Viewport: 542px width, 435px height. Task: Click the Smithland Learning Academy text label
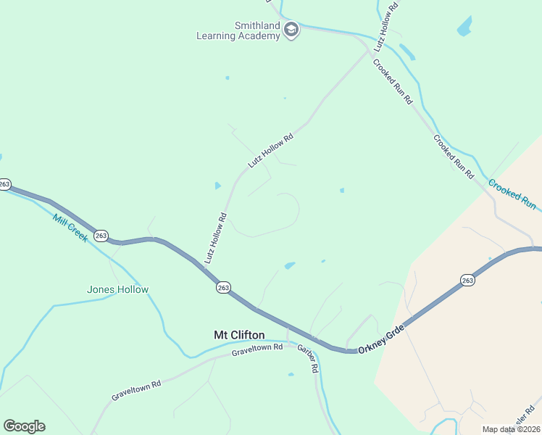(238, 30)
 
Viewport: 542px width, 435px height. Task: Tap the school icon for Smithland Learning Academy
(291, 30)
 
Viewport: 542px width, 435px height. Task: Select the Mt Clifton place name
(239, 335)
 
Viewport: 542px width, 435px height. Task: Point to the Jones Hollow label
(117, 289)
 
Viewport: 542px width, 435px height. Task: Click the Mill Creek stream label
(70, 228)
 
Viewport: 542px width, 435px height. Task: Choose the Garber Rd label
(309, 357)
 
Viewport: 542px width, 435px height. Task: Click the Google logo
(24, 426)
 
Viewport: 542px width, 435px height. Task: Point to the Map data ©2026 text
(512, 429)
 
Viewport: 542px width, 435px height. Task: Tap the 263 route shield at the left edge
(4, 184)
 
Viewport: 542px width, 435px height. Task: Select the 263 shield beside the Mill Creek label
(101, 236)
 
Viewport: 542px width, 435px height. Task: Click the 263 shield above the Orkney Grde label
(467, 280)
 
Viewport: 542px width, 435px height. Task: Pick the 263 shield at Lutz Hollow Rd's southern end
(223, 288)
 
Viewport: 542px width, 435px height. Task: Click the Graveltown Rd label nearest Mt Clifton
(257, 351)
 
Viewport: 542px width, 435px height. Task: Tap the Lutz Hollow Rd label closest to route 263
(216, 237)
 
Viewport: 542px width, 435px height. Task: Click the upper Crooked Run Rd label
(392, 80)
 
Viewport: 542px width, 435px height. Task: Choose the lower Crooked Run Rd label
(454, 157)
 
